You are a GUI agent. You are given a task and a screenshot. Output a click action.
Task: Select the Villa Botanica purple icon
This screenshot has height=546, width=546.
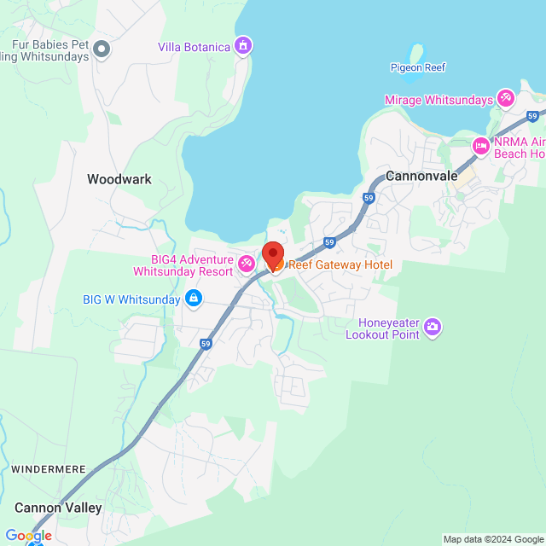[x=243, y=45]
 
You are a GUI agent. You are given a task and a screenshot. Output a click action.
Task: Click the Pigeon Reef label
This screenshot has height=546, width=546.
[x=418, y=67]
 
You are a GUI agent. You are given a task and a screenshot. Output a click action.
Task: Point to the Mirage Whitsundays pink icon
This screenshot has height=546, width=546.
[x=506, y=99]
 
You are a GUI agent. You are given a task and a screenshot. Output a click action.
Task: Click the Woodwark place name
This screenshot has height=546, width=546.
[x=119, y=179]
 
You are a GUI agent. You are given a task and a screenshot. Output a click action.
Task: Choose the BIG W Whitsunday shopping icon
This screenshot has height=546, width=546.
[x=194, y=299]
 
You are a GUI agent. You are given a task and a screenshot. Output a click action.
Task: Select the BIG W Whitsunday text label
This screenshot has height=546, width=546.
[x=131, y=299]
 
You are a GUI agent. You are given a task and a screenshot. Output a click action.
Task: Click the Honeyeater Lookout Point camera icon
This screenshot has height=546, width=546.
[x=433, y=326]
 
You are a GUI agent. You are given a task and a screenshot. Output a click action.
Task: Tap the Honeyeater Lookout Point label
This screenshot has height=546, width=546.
[x=383, y=328]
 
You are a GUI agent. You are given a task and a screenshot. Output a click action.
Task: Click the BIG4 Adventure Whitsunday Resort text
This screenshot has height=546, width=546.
[x=183, y=265]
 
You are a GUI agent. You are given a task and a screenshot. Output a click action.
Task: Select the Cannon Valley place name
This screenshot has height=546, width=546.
[x=58, y=508]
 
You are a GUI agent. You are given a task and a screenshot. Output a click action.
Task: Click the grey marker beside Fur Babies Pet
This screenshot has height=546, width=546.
[x=102, y=49]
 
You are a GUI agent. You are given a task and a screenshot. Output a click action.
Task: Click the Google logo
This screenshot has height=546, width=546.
[x=28, y=535]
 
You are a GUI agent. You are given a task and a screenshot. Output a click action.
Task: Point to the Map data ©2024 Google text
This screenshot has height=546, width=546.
[x=492, y=539]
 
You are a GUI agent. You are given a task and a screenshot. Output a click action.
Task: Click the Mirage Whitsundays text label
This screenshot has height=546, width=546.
[x=439, y=100]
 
